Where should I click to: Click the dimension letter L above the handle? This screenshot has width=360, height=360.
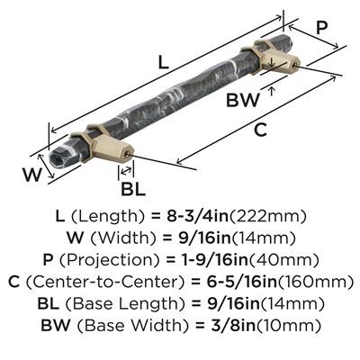coord(164,63)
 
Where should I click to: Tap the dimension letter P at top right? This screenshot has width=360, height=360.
coord(322,29)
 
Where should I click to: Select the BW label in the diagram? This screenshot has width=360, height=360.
coord(243,100)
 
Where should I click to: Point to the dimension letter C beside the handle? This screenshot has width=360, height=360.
coord(260,130)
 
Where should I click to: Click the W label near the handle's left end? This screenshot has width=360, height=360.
coord(32,175)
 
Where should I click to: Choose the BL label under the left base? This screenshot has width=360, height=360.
coord(133,189)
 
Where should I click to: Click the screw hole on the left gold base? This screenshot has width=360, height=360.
coord(127,154)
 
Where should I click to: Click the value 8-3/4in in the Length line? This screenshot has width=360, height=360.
coord(197,216)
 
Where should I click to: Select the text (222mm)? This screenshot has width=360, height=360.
coord(268,216)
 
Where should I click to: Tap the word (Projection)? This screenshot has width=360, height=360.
coord(110,260)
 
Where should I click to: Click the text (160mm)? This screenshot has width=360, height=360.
coord(314,283)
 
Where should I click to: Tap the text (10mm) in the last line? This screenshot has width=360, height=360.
coord(288,326)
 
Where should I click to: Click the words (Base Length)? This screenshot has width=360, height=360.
coord(124,304)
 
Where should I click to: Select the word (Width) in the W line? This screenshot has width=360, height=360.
coord(123,238)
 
